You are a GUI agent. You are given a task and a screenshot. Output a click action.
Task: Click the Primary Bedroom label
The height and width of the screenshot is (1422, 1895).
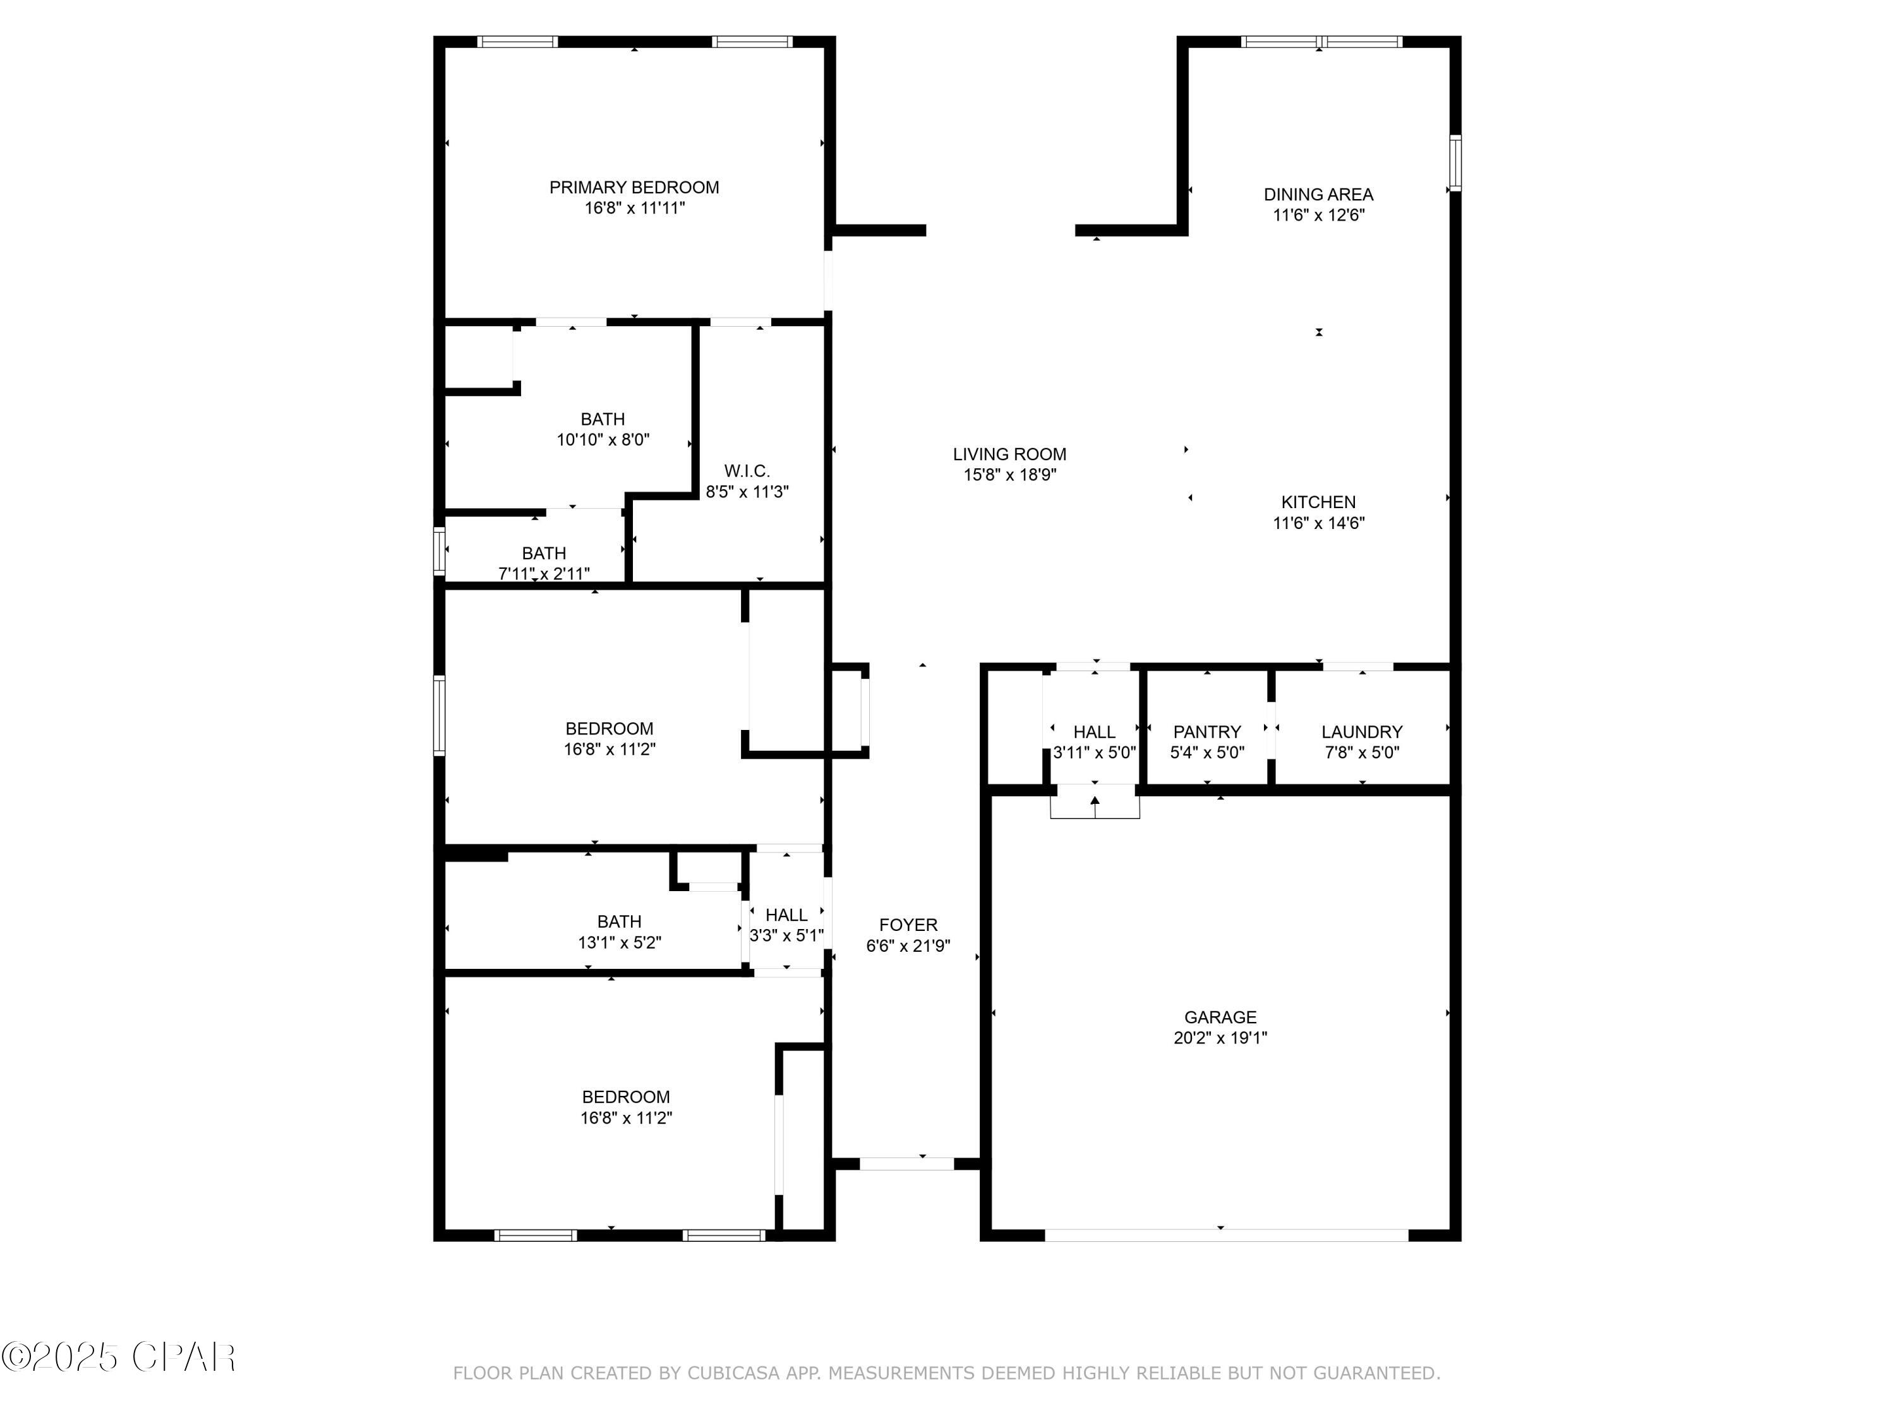pos(634,188)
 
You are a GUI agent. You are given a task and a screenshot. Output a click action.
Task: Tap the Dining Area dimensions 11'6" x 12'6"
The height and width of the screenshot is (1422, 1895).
pos(1318,215)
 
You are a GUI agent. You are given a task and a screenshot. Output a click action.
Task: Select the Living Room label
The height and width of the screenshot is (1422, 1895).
pos(1009,454)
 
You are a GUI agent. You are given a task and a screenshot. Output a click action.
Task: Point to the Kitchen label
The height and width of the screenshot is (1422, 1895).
pos(1318,502)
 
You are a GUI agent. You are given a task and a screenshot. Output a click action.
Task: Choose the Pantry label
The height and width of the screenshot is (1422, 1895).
pos(1207,732)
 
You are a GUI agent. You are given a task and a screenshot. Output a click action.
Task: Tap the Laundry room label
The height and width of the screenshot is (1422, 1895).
pos(1361,732)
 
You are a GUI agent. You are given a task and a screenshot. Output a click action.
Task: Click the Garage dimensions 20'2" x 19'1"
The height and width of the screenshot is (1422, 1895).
pos(1220,1038)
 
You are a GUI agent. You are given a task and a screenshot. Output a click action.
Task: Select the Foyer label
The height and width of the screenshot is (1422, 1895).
pos(908,925)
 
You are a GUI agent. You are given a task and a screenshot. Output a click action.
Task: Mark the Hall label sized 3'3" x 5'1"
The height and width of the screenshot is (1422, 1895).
pos(786,915)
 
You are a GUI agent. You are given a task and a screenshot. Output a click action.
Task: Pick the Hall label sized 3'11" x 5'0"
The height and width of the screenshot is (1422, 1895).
pos(1094,732)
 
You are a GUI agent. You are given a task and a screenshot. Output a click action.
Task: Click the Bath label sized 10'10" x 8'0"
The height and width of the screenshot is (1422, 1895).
pos(602,419)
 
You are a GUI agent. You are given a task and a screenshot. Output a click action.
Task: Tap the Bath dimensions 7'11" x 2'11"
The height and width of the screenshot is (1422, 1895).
pos(544,573)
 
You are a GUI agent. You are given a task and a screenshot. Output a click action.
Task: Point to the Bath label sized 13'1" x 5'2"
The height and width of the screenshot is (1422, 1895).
pos(618,921)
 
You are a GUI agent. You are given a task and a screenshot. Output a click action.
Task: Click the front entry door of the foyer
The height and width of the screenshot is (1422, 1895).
pos(906,1164)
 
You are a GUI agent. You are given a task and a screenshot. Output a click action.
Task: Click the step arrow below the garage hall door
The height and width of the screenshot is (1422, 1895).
pos(1095,804)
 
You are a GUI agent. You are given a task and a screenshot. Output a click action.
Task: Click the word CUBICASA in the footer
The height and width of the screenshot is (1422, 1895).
pos(733,1373)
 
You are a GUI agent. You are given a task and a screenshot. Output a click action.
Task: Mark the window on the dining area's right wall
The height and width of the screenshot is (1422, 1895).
pos(1455,163)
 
